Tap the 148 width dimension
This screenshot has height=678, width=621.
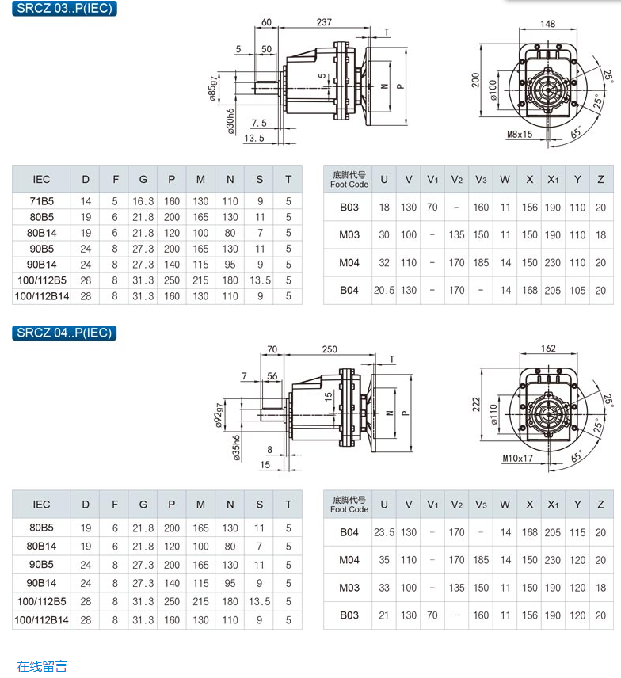pyautogui.click(x=547, y=24)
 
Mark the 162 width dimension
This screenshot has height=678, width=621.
pyautogui.click(x=547, y=348)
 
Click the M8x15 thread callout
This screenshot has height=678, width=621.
pyautogui.click(x=520, y=135)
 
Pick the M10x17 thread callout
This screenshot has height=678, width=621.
pyautogui.click(x=517, y=459)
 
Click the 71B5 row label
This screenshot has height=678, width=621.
pyautogui.click(x=41, y=202)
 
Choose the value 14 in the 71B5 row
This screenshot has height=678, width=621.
pyautogui.click(x=86, y=202)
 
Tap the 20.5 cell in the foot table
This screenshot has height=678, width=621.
pyautogui.click(x=384, y=290)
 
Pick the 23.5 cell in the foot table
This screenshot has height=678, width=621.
pyautogui.click(x=384, y=532)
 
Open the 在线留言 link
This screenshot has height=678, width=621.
pyautogui.click(x=42, y=666)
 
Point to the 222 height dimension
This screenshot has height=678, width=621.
pyautogui.click(x=476, y=405)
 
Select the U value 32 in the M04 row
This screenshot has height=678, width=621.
pyautogui.click(x=384, y=263)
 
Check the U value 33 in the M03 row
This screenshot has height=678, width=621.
pyautogui.click(x=384, y=588)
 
